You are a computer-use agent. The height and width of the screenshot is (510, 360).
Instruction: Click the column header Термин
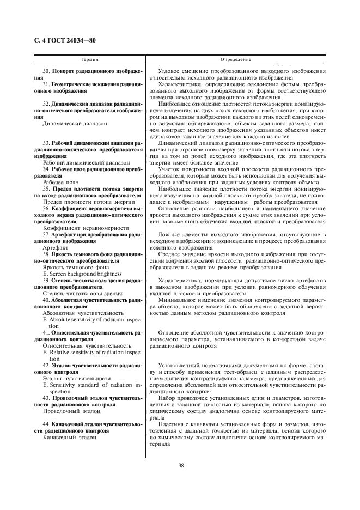point(89,58)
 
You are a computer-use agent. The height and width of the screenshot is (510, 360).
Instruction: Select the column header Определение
point(236,58)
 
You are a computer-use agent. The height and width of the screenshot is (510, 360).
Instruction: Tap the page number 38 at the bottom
point(180,465)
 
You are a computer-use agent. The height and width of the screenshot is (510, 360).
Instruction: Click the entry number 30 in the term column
point(46,72)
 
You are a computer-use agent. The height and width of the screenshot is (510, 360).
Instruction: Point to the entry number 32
point(46,103)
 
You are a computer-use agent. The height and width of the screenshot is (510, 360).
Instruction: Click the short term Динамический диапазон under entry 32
point(75,123)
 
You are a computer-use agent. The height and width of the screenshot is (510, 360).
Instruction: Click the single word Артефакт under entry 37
point(55,247)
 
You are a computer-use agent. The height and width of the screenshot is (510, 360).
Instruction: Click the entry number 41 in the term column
point(46,332)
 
